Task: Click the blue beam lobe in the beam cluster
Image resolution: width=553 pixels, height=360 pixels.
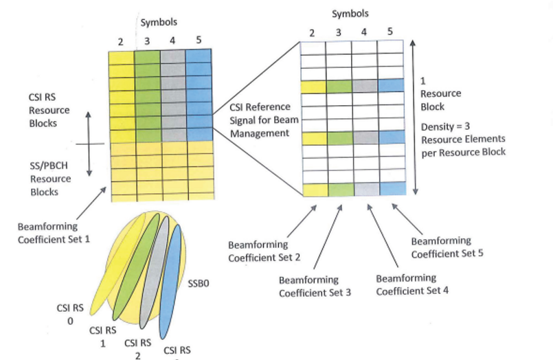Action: coord(170,282)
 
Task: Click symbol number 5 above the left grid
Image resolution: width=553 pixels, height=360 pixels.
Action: coord(199,40)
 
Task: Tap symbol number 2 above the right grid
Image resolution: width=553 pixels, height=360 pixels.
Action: coord(313,32)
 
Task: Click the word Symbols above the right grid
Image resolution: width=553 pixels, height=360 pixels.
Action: coord(350,13)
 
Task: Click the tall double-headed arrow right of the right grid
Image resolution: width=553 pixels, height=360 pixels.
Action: coord(413,116)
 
